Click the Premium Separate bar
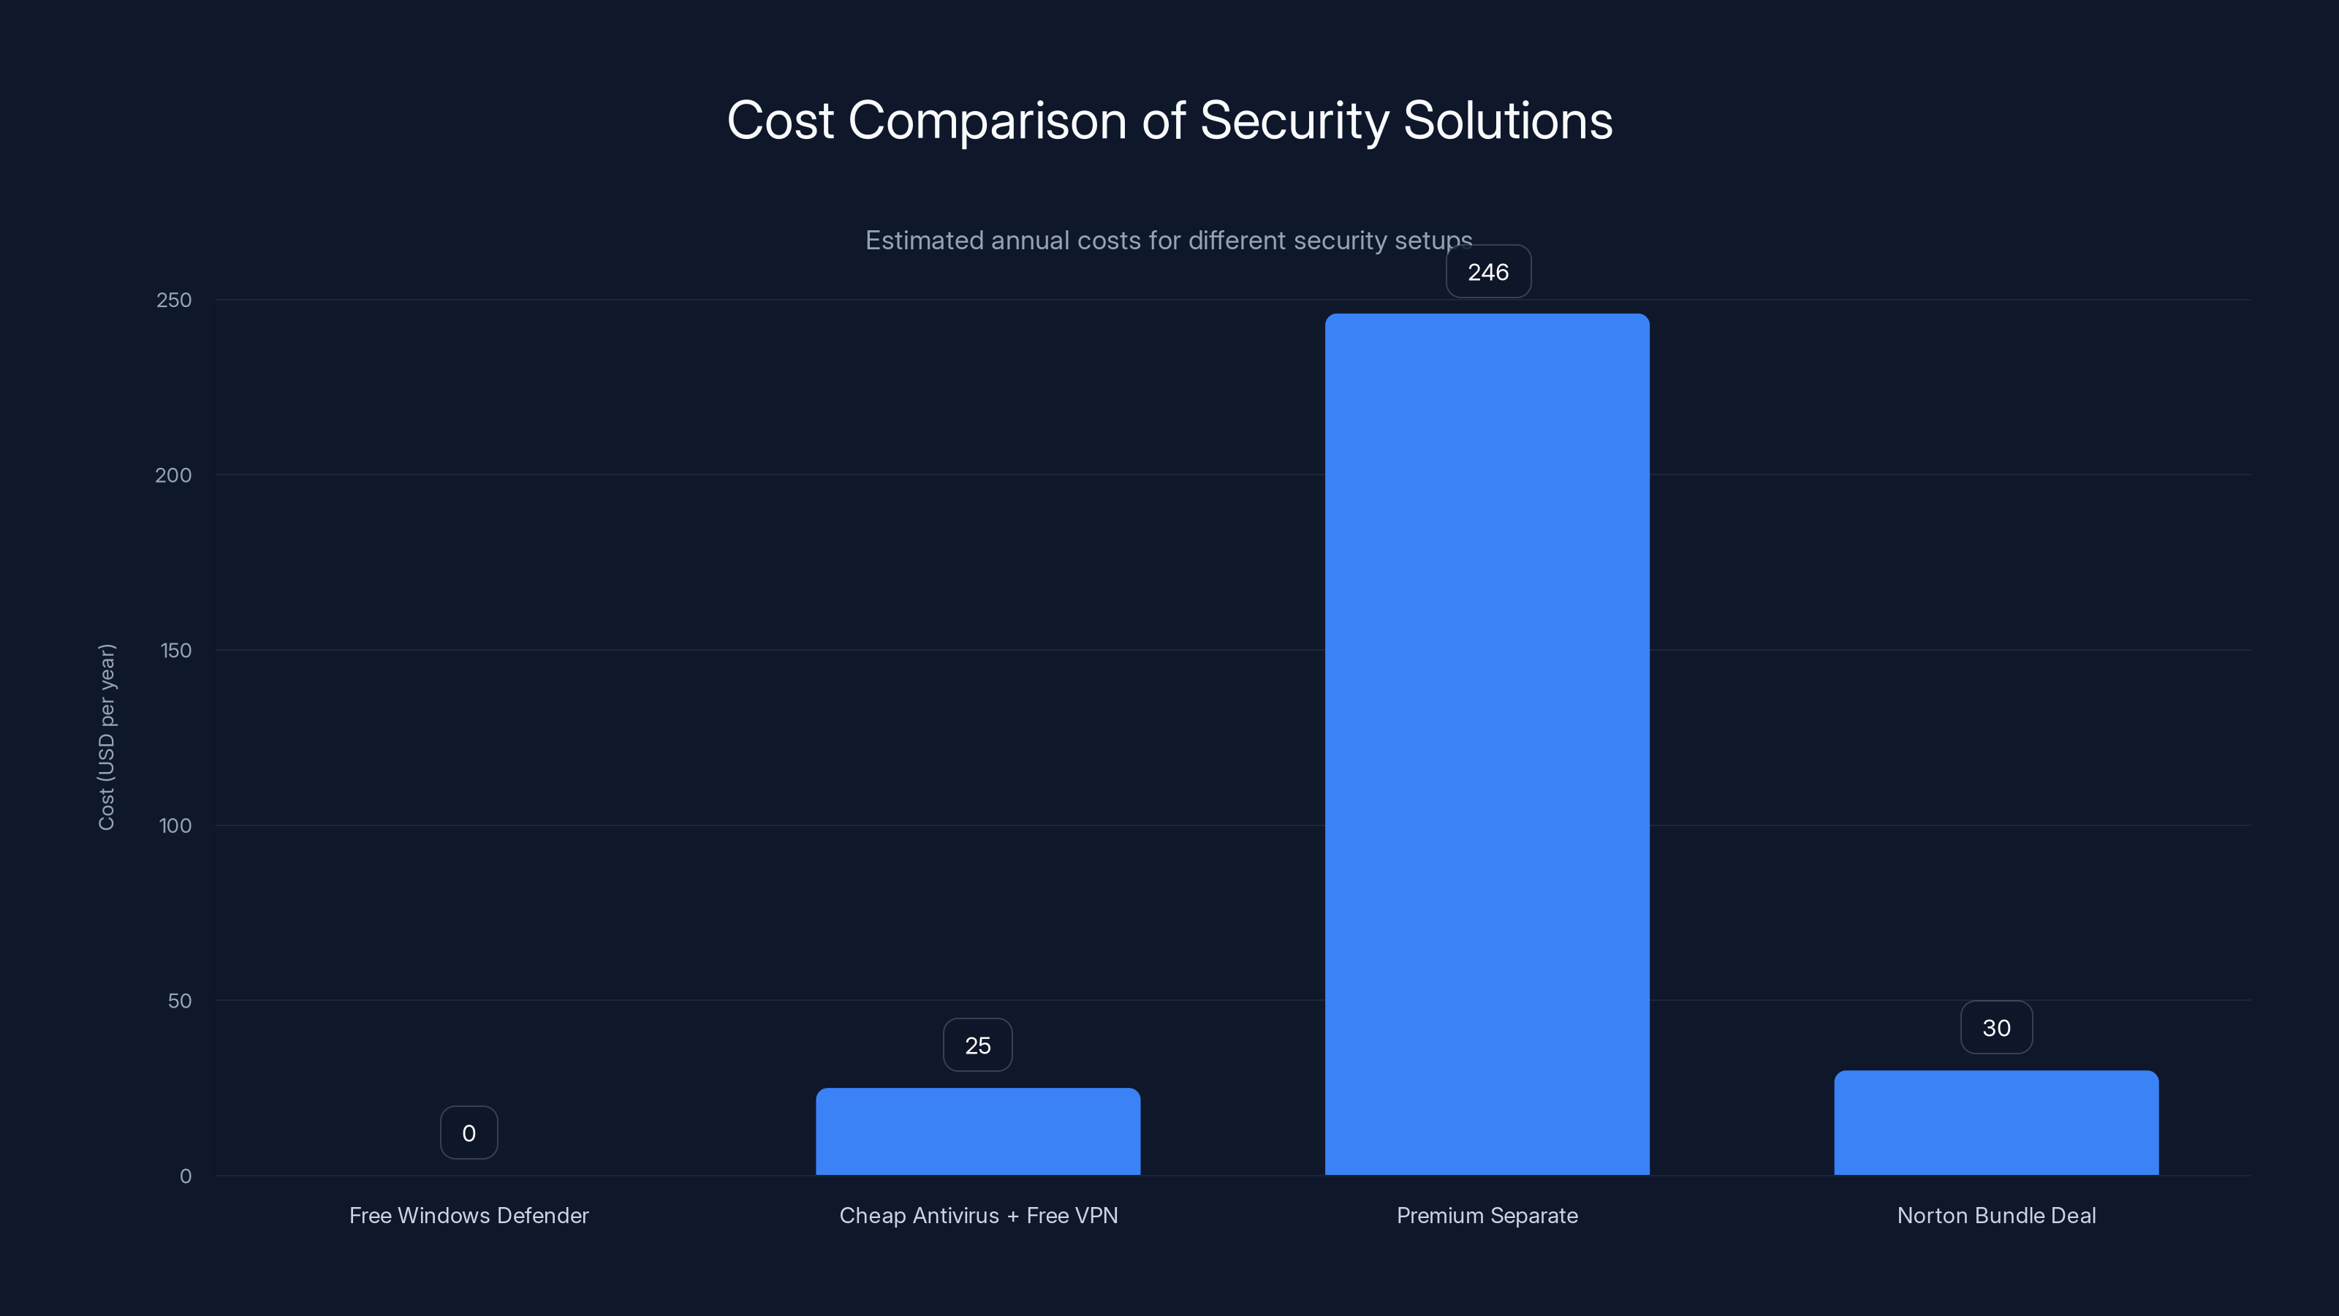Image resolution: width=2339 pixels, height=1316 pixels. click(1487, 745)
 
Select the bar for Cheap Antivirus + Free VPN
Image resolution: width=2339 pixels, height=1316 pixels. click(978, 1132)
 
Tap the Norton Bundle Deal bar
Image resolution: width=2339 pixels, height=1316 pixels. click(1995, 1124)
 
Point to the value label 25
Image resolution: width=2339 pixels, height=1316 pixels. click(977, 1045)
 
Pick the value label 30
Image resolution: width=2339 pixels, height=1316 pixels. click(1995, 1028)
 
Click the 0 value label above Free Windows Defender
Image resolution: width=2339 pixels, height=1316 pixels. click(469, 1133)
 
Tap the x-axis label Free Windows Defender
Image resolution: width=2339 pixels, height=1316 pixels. click(469, 1215)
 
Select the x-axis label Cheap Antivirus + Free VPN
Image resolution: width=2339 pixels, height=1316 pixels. click(978, 1215)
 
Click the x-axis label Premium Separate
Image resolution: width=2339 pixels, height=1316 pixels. click(1487, 1215)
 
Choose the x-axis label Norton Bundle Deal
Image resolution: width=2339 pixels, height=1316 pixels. click(1995, 1215)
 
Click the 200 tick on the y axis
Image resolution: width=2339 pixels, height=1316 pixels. click(173, 475)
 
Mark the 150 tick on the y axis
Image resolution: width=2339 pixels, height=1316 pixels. click(175, 650)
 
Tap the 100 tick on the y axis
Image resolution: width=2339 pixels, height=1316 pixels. click(175, 825)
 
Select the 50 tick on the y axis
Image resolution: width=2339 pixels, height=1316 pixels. click(179, 1001)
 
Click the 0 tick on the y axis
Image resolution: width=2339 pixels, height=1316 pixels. click(185, 1176)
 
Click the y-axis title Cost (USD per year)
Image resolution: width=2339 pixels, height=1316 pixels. click(106, 736)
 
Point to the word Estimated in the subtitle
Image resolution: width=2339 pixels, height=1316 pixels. click(923, 241)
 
